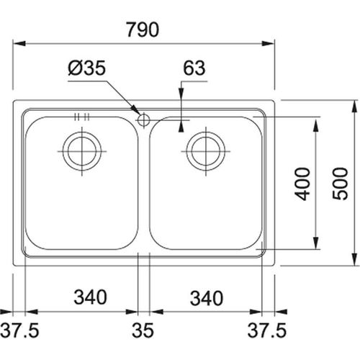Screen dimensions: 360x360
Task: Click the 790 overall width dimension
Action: click(x=143, y=30)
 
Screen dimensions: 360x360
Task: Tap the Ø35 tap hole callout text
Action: click(x=86, y=68)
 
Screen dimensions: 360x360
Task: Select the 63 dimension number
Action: click(x=194, y=68)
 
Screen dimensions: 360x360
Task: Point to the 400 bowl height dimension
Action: click(x=302, y=184)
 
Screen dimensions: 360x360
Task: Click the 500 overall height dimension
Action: click(x=340, y=184)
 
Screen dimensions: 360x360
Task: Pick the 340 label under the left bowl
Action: click(x=90, y=297)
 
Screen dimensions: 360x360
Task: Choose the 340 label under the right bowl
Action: click(x=207, y=298)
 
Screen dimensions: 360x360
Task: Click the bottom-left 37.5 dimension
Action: click(x=19, y=330)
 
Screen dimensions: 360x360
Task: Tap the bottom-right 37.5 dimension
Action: click(x=267, y=330)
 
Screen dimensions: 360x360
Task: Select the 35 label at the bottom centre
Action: click(x=143, y=330)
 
